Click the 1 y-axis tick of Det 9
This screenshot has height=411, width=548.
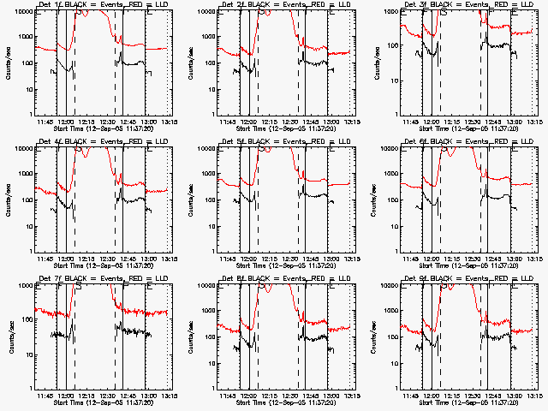[397, 388]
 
